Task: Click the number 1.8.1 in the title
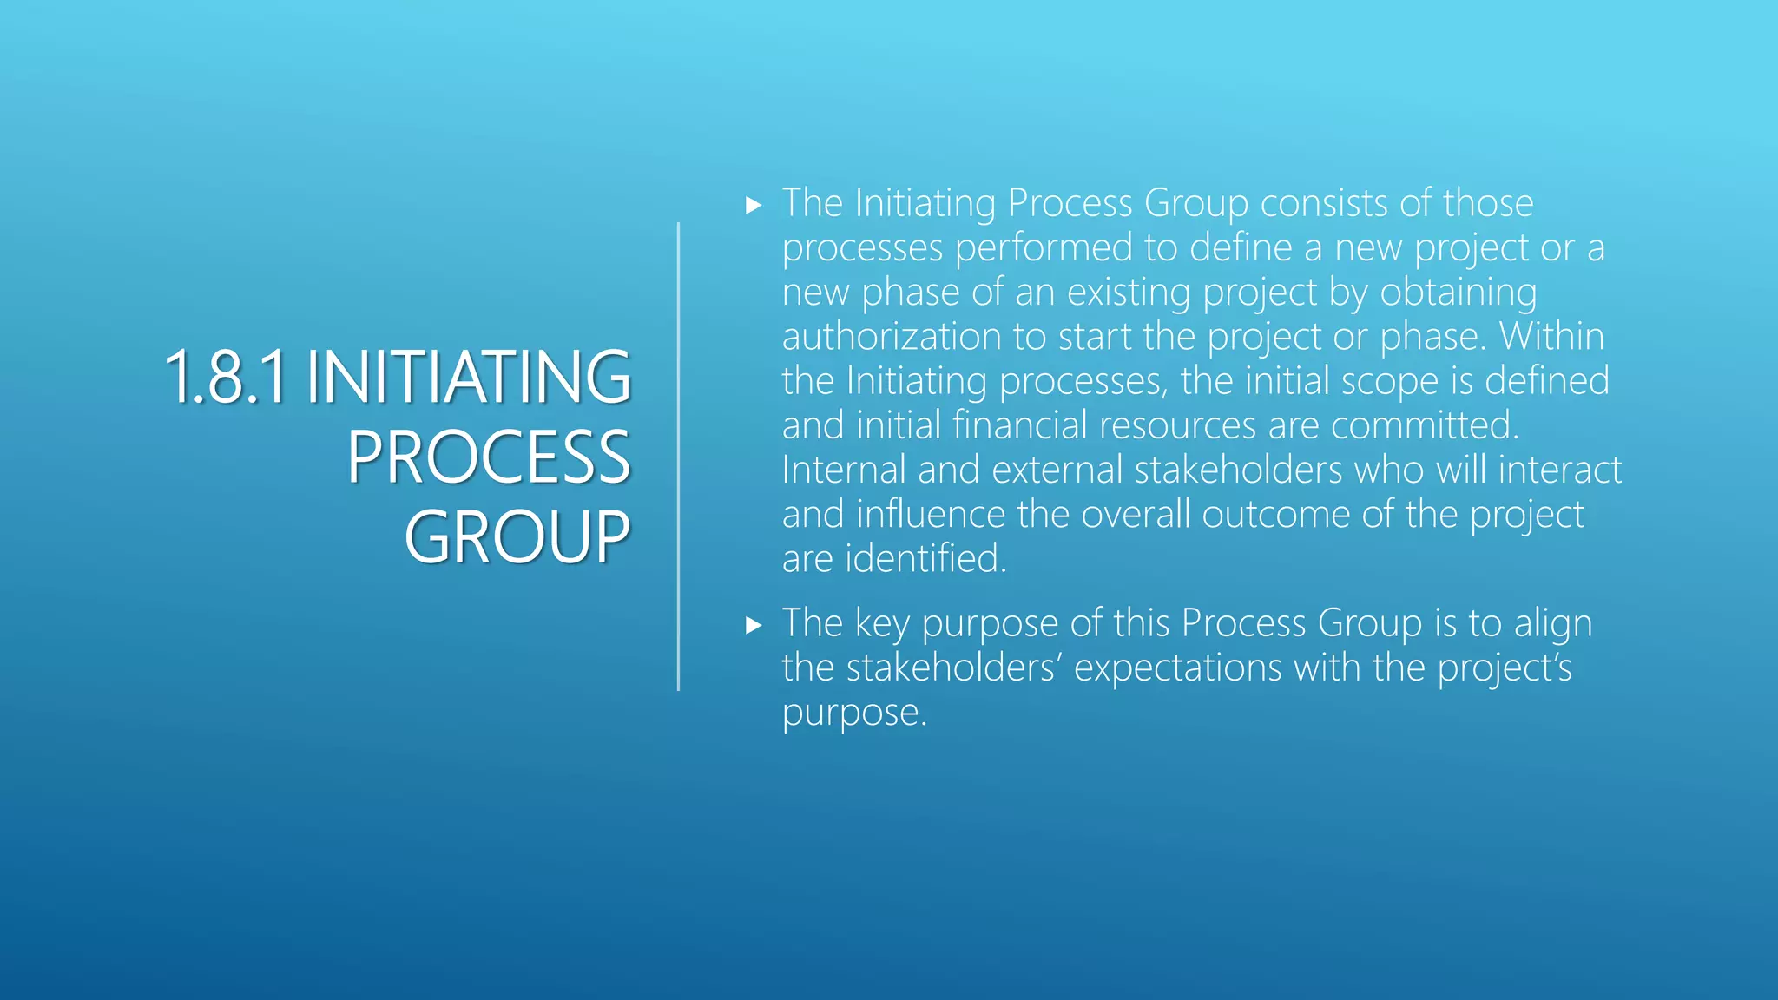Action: (225, 378)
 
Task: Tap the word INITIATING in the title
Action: (468, 378)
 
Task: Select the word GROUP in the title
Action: (517, 537)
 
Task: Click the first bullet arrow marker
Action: (754, 206)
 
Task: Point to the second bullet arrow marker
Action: (754, 625)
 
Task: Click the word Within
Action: (1551, 337)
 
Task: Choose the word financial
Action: (1019, 425)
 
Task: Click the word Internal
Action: (844, 470)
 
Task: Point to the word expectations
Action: (1177, 668)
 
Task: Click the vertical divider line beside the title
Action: (678, 457)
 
